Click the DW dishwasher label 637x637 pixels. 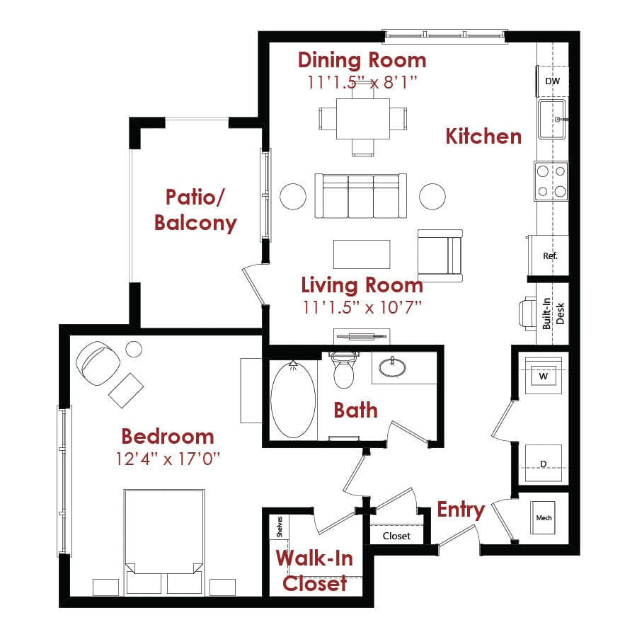[552, 81]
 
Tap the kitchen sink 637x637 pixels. [551, 120]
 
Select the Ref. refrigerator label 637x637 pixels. [550, 256]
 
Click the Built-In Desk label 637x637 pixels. [553, 314]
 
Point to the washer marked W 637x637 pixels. [544, 376]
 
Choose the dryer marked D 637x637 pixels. [544, 463]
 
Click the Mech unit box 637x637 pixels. [543, 517]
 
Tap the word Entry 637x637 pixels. [461, 510]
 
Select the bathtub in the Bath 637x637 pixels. [293, 399]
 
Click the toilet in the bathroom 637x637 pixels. [344, 369]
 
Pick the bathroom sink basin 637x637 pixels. [392, 367]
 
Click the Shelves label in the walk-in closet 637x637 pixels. [280, 527]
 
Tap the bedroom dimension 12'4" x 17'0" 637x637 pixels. [167, 459]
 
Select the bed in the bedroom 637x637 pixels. [163, 541]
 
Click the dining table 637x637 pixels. [363, 118]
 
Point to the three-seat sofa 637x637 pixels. [361, 196]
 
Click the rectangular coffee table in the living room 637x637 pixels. [362, 254]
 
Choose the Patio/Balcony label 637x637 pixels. [195, 210]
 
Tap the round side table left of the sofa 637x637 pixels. [293, 196]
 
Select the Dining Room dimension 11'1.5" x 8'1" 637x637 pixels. [362, 82]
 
